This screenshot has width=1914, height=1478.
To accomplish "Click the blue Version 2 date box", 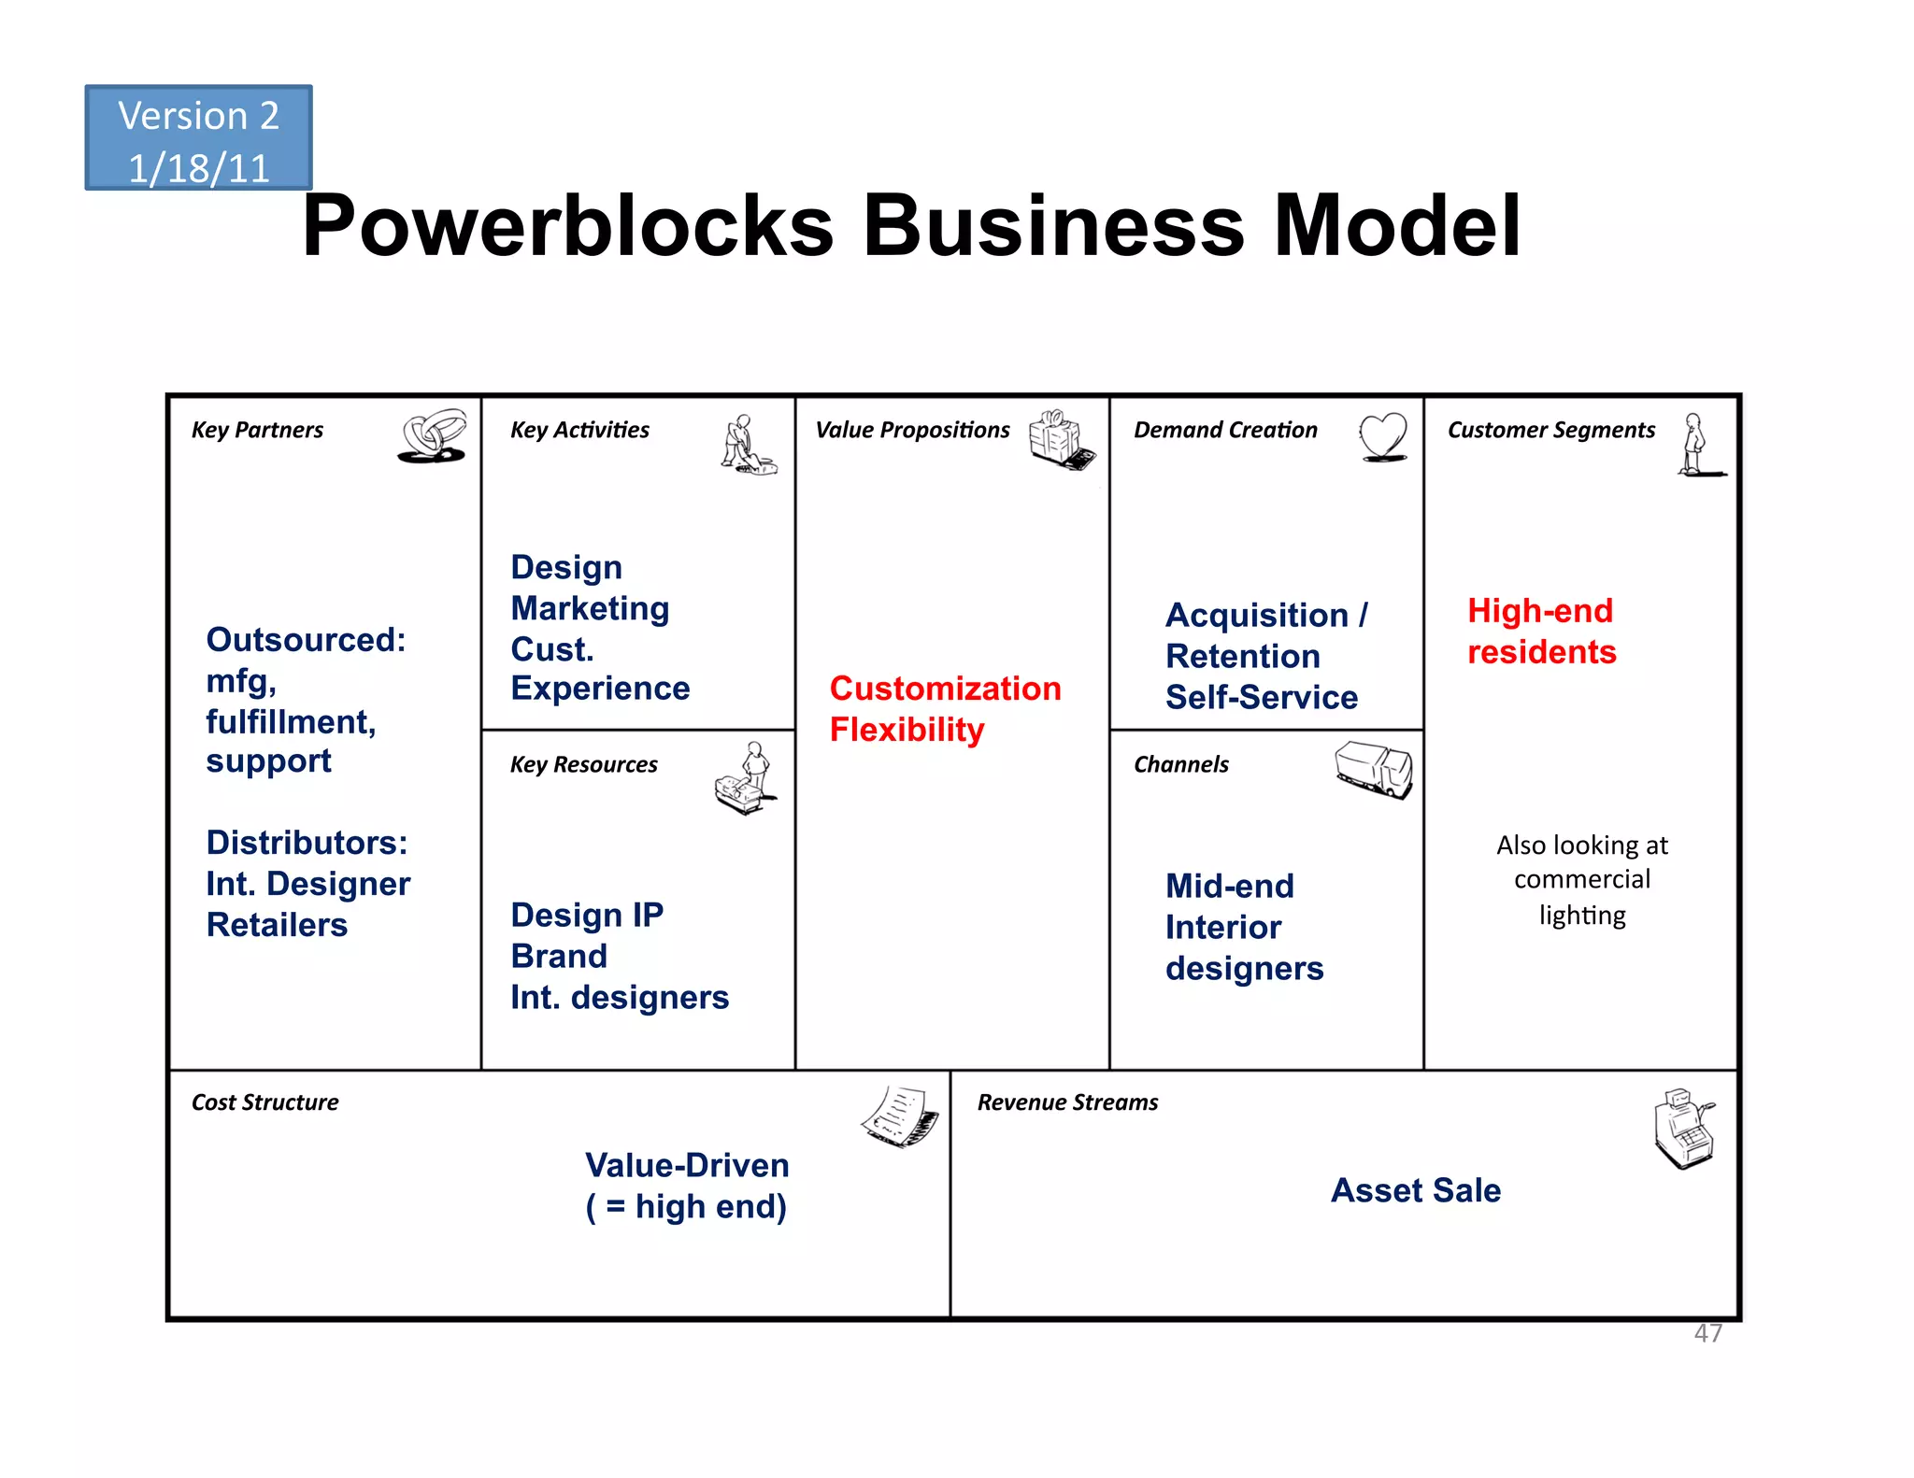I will pyautogui.click(x=198, y=138).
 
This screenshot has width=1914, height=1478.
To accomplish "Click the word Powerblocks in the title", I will pyautogui.click(x=566, y=226).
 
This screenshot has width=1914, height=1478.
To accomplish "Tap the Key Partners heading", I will pyautogui.click(x=257, y=430).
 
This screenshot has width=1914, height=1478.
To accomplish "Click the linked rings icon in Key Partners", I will pyautogui.click(x=433, y=436).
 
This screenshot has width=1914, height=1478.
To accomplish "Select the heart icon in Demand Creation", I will pyautogui.click(x=1383, y=436).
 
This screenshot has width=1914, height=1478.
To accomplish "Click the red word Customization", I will pyautogui.click(x=945, y=689).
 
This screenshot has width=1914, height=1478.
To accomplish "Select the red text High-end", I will pyautogui.click(x=1539, y=611).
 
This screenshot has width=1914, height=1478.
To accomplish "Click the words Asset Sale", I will pyautogui.click(x=1415, y=1190).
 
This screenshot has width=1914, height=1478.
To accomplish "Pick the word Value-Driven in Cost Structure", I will pyautogui.click(x=687, y=1165).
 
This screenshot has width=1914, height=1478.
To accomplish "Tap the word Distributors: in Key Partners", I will pyautogui.click(x=307, y=843).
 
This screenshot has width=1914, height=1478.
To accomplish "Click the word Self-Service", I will pyautogui.click(x=1261, y=697).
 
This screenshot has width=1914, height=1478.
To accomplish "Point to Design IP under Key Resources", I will pyautogui.click(x=587, y=915).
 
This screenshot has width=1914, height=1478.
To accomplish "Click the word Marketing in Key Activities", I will pyautogui.click(x=590, y=608).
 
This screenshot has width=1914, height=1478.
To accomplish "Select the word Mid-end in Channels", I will pyautogui.click(x=1229, y=886).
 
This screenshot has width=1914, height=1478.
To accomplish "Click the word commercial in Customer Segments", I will pyautogui.click(x=1581, y=879).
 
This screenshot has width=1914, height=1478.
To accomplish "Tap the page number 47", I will pyautogui.click(x=1707, y=1333).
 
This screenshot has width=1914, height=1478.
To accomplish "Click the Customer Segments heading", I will pyautogui.click(x=1550, y=430).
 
